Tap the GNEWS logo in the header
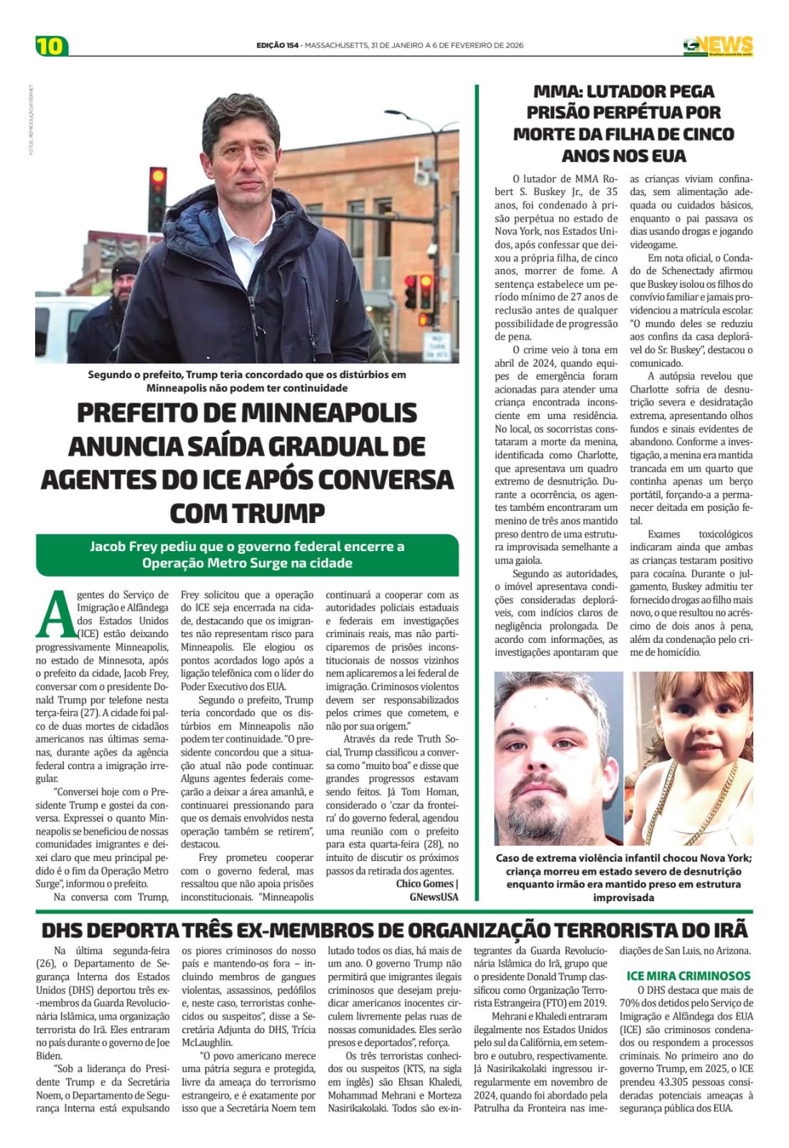click(717, 45)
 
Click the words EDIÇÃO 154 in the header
click(277, 45)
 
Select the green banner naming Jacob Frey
click(247, 555)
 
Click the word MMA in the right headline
click(557, 92)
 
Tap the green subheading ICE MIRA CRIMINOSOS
click(688, 976)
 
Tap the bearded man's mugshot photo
click(558, 759)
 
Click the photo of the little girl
click(689, 759)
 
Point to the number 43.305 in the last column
click(666, 1082)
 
